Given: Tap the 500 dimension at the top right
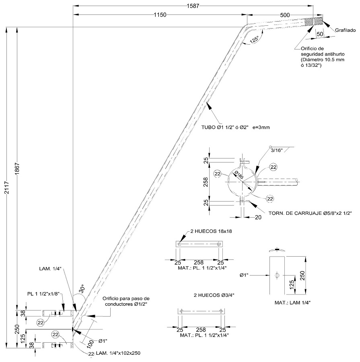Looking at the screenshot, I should tap(285, 14).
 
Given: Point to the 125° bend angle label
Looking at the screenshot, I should tap(254, 40).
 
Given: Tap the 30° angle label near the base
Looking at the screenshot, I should tap(82, 289).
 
